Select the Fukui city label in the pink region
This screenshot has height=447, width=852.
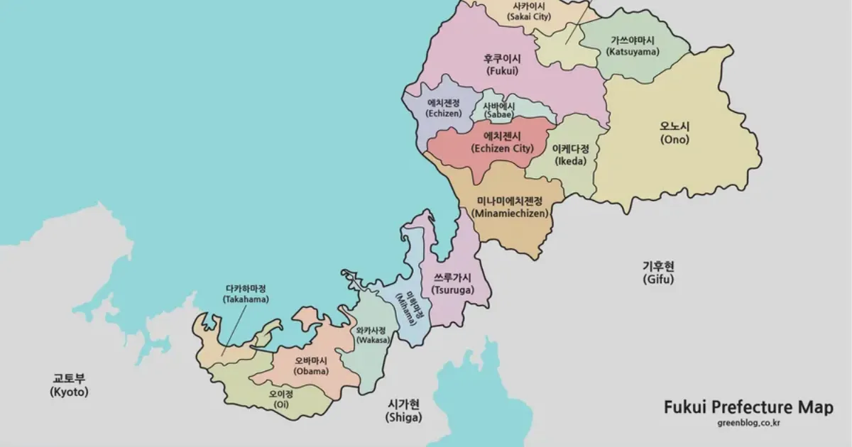click(x=503, y=65)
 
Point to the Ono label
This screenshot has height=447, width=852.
click(x=674, y=133)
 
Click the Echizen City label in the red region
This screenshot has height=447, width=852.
click(x=502, y=143)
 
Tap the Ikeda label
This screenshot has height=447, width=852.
click(x=571, y=155)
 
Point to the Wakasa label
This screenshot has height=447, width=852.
click(x=372, y=335)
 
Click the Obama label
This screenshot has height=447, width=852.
click(x=312, y=365)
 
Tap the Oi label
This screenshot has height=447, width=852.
click(x=281, y=399)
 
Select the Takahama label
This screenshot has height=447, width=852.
click(x=246, y=294)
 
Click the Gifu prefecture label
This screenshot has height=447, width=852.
click(x=658, y=272)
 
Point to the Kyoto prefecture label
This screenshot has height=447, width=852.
click(x=70, y=385)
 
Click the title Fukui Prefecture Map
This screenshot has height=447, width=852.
click(x=748, y=407)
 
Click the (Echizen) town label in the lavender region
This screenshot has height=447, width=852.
click(x=444, y=108)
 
